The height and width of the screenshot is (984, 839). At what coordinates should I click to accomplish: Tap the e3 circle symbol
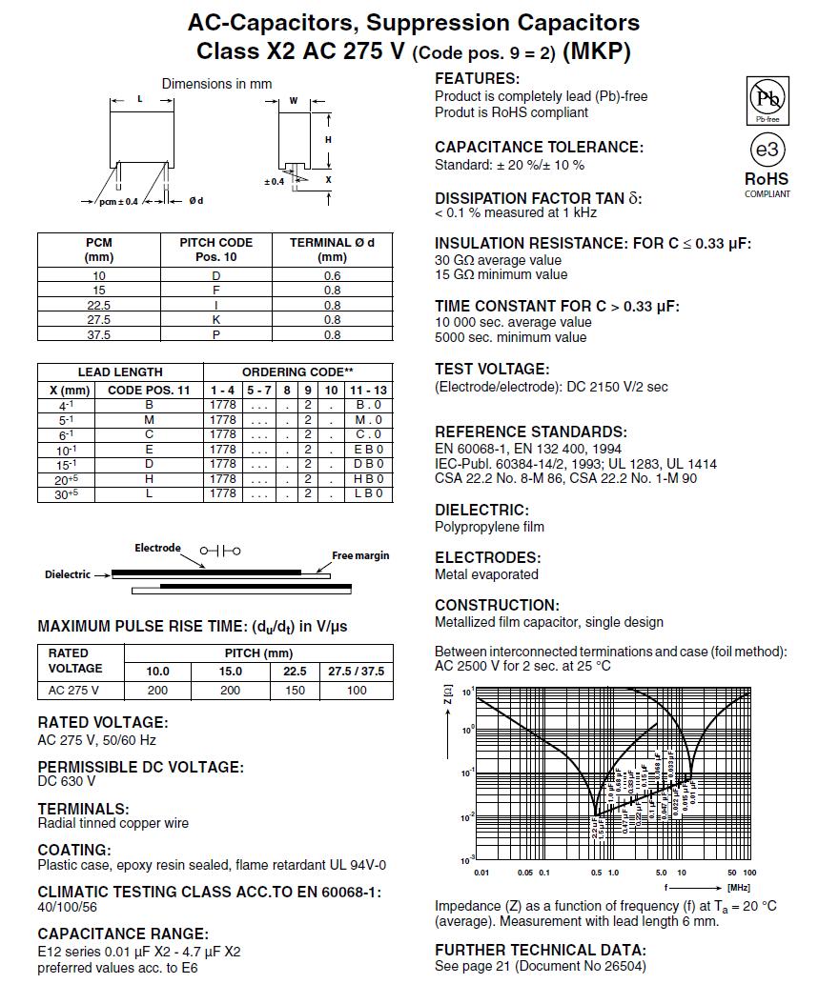tap(767, 151)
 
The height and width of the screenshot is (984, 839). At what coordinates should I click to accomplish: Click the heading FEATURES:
tap(477, 79)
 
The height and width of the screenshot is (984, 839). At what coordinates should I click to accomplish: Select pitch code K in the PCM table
tap(215, 320)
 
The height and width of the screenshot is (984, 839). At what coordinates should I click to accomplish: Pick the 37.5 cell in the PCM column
tap(99, 334)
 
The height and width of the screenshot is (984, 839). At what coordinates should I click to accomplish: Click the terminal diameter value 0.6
tap(332, 275)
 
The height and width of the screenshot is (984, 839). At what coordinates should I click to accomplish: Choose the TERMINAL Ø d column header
tap(332, 249)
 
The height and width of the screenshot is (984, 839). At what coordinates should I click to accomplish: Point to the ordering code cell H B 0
tap(368, 479)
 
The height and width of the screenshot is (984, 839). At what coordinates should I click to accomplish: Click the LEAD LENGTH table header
tap(120, 372)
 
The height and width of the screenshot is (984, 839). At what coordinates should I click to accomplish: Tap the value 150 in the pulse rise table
tap(296, 691)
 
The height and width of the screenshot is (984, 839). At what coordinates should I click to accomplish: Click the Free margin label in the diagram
tap(360, 555)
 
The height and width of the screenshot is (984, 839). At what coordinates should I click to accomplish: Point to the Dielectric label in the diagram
tap(68, 574)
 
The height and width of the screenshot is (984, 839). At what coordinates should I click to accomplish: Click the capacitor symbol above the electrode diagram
tap(220, 551)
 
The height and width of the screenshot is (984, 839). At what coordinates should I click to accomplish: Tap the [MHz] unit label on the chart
tap(738, 887)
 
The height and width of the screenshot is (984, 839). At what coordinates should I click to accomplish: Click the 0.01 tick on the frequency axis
tap(481, 873)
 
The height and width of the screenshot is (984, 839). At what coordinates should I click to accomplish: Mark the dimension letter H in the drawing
tap(327, 140)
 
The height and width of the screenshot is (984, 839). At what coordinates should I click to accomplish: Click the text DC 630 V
tap(67, 781)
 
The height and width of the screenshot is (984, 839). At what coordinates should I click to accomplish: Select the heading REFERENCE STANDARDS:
tap(530, 432)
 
